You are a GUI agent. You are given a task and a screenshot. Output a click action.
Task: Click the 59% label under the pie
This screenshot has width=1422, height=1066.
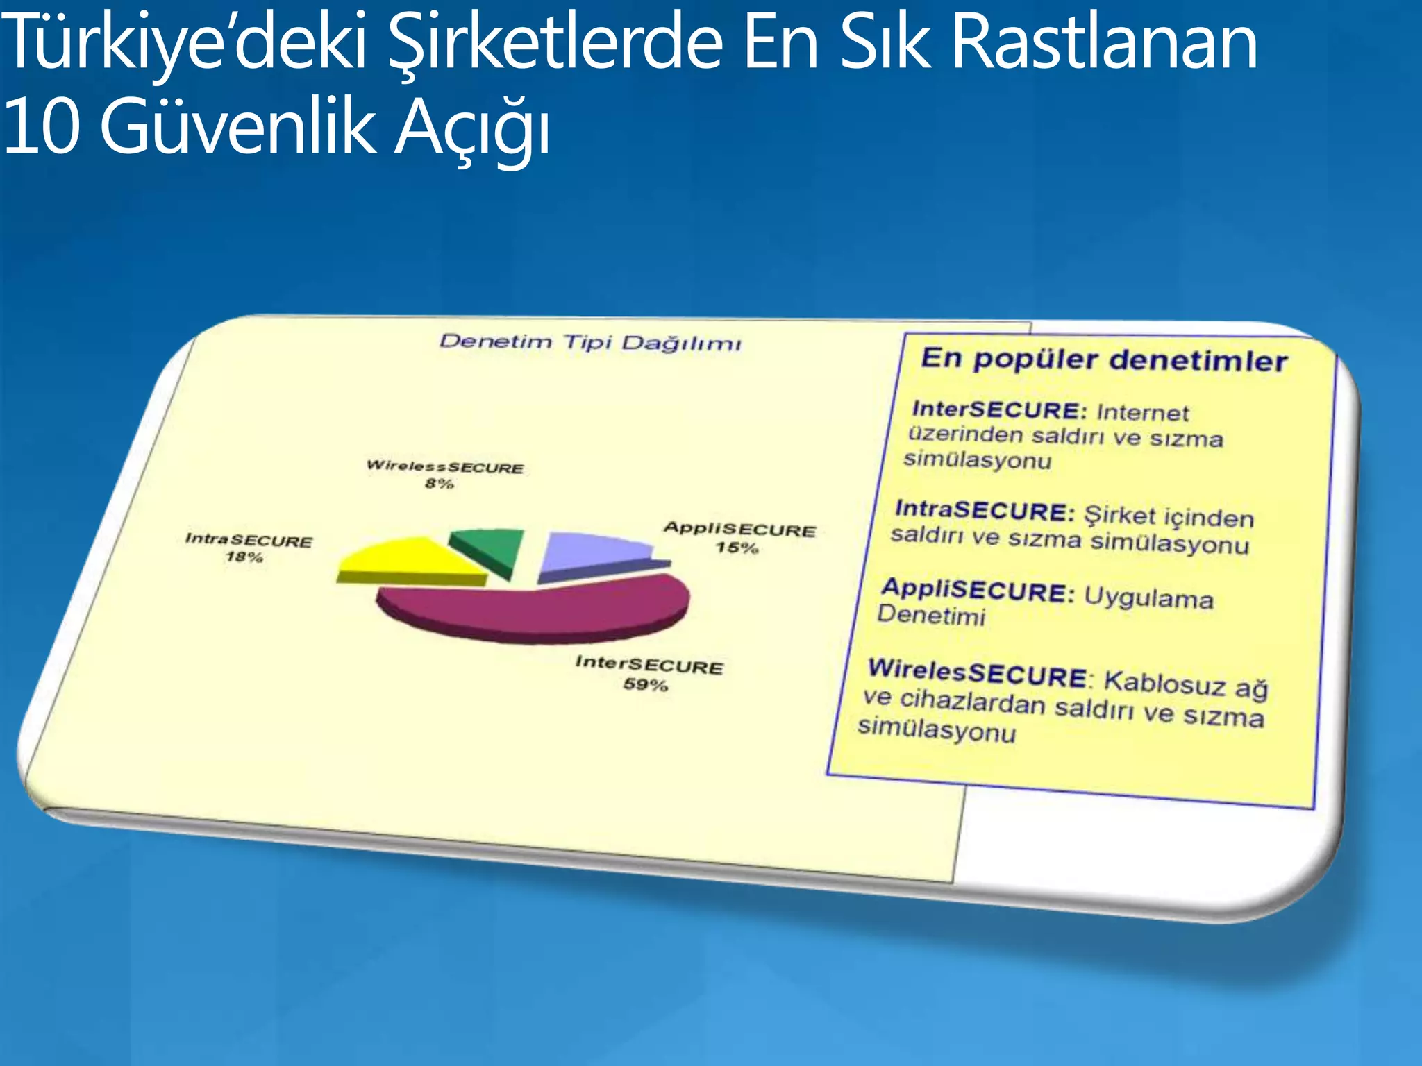[x=646, y=685]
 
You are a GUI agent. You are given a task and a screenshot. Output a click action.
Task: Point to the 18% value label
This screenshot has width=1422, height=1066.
[x=244, y=557]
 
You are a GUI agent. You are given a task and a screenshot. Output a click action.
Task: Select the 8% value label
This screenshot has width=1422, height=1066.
[x=440, y=484]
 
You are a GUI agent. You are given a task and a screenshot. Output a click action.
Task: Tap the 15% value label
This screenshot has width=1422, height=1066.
[x=737, y=548]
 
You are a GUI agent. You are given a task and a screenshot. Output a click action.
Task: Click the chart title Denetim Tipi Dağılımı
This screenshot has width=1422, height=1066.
[x=590, y=342]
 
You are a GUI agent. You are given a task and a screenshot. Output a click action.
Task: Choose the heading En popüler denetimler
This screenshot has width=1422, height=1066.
[x=1104, y=360]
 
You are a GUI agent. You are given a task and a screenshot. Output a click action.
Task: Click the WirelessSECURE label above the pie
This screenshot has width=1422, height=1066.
[x=445, y=466]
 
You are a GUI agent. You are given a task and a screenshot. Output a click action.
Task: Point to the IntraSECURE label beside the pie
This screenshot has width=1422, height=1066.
[x=249, y=540]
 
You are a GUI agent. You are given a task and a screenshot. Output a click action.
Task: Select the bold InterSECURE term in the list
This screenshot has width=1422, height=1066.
[x=999, y=409]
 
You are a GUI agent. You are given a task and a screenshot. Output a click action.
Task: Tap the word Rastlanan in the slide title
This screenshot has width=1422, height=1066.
[x=1104, y=43]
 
